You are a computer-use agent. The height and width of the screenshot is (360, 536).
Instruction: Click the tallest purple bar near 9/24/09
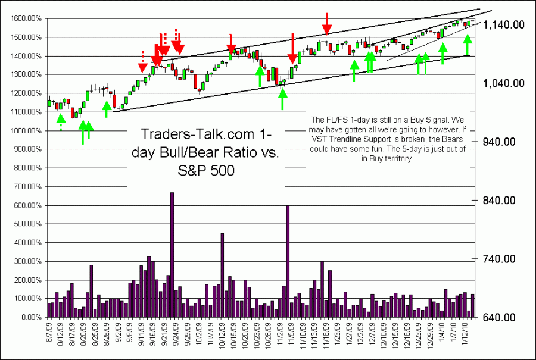(x=172, y=255)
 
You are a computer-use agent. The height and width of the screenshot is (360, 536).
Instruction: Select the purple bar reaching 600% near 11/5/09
(x=288, y=261)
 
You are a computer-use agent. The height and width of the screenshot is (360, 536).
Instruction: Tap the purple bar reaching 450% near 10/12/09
(x=222, y=276)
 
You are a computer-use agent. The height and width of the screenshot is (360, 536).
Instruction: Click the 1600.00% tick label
(x=27, y=19)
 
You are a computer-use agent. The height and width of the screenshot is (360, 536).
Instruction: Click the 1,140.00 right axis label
(x=500, y=24)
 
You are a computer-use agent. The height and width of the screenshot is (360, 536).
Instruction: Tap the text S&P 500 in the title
(x=206, y=171)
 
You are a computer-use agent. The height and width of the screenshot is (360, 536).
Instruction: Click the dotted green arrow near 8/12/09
(x=61, y=122)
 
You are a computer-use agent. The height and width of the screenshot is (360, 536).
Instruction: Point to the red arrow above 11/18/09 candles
(x=327, y=24)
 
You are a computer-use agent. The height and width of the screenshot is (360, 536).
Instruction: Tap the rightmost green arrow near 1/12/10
(x=468, y=44)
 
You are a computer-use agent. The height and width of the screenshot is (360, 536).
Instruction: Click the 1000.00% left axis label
(x=27, y=131)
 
